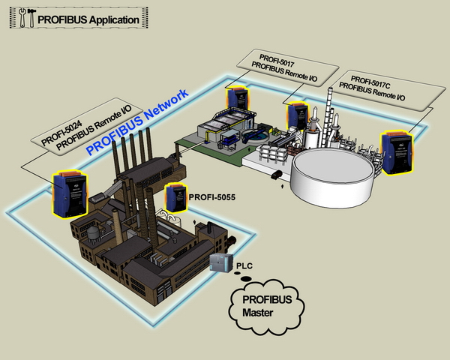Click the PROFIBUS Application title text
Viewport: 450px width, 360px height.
pos(88,19)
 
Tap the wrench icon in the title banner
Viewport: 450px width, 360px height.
pos(22,18)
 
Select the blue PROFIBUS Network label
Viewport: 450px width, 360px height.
pos(138,122)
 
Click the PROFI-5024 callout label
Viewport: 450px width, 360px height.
pos(87,124)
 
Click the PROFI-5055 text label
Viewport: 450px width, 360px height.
pos(212,197)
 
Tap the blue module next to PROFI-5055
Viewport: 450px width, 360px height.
pos(175,197)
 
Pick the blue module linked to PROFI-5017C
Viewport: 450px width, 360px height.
pos(397,152)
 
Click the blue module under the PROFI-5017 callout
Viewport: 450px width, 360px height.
pos(238,100)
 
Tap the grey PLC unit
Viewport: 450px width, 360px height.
pos(220,262)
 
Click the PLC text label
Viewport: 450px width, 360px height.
pos(244,266)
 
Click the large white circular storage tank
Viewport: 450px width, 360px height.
pos(332,177)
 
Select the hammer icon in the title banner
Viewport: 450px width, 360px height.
pos(31,18)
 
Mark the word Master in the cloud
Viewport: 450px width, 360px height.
pos(257,313)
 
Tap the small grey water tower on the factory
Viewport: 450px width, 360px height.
pos(94,234)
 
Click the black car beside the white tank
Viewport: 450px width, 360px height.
pos(277,175)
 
